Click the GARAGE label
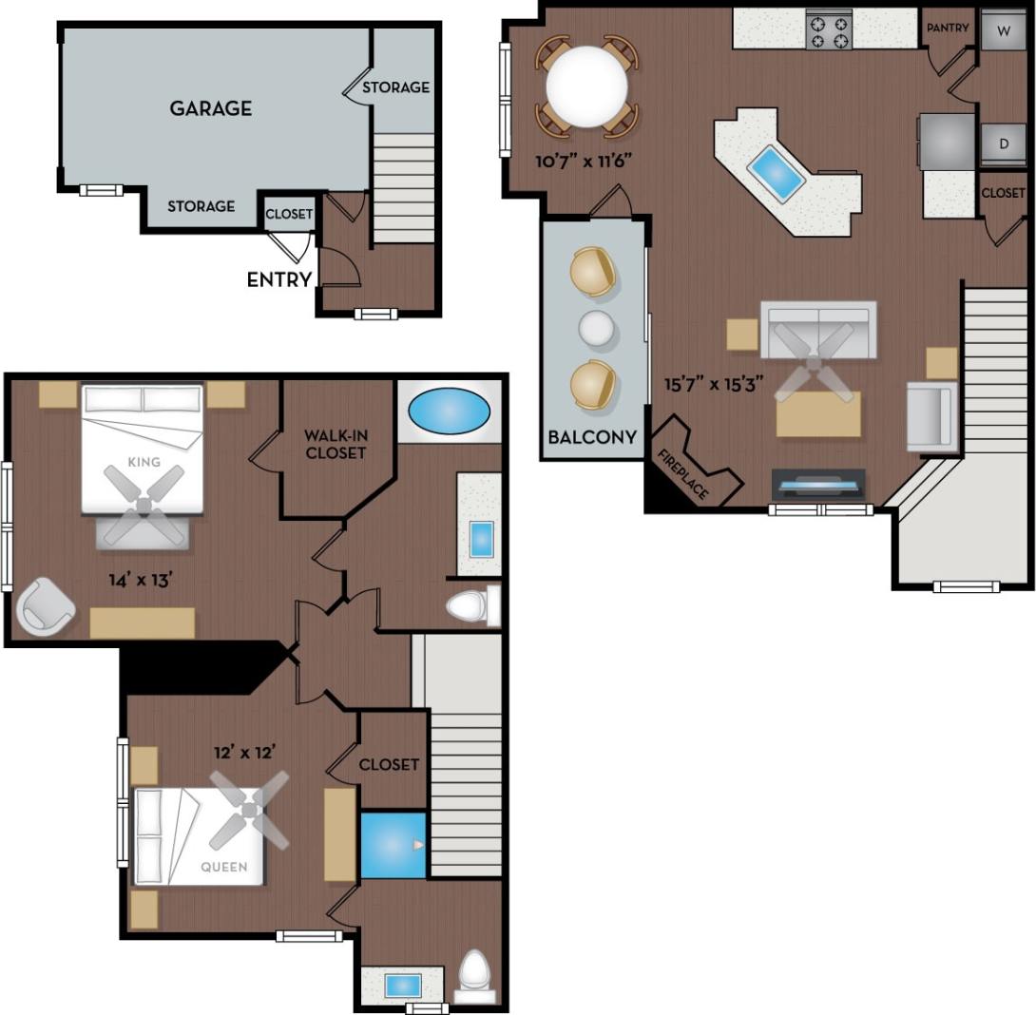[211, 108]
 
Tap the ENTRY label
[279, 279]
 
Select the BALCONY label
[591, 438]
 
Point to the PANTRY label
[948, 29]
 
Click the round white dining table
[586, 86]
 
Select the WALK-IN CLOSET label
[336, 445]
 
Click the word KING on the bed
[144, 463]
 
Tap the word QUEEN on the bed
[224, 867]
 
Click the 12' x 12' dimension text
[244, 752]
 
